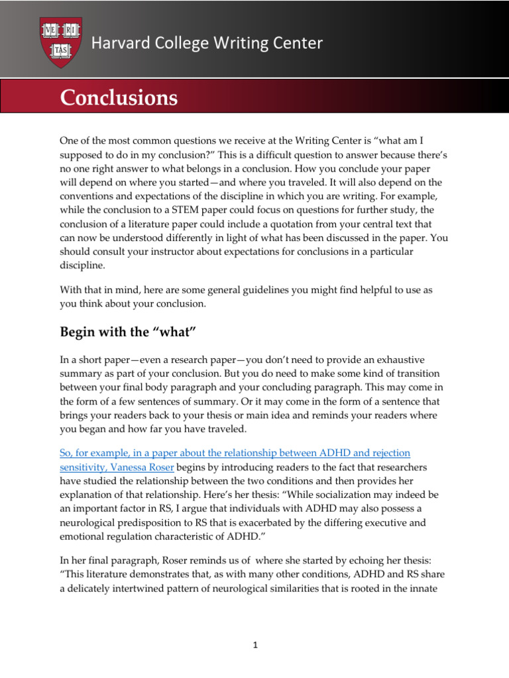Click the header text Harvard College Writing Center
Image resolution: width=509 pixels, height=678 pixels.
click(x=207, y=44)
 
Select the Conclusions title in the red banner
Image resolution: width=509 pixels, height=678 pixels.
click(x=119, y=98)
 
